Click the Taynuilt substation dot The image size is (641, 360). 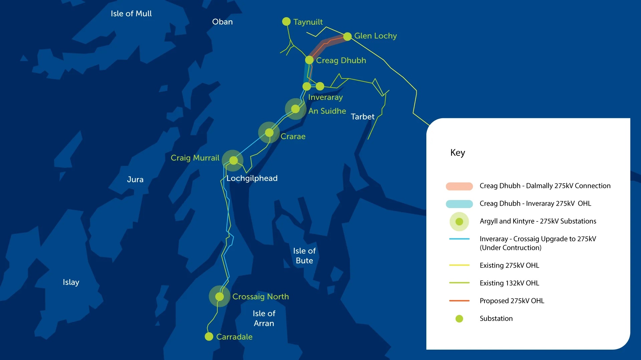click(x=286, y=21)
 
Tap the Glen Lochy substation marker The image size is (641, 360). click(x=347, y=36)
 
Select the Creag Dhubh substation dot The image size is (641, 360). click(x=309, y=60)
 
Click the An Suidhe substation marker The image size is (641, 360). click(x=295, y=109)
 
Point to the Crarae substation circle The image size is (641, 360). click(x=269, y=133)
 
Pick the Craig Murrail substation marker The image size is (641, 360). click(x=233, y=161)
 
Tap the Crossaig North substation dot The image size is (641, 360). click(x=219, y=296)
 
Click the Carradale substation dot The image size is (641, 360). click(x=209, y=336)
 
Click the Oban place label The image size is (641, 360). click(x=222, y=22)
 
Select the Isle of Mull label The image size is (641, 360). click(x=131, y=14)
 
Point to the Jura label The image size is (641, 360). click(x=135, y=179)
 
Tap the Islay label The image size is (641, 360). click(x=71, y=282)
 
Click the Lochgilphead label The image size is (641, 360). click(x=252, y=178)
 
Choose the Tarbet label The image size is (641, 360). click(x=363, y=117)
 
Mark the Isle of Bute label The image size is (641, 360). click(x=304, y=255)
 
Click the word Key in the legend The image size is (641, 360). click(x=457, y=153)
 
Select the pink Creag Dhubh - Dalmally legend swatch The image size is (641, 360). click(x=459, y=186)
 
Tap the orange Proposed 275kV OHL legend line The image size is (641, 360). click(x=459, y=301)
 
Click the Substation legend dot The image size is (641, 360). click(x=459, y=319)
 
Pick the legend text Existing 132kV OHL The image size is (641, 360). click(x=509, y=283)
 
